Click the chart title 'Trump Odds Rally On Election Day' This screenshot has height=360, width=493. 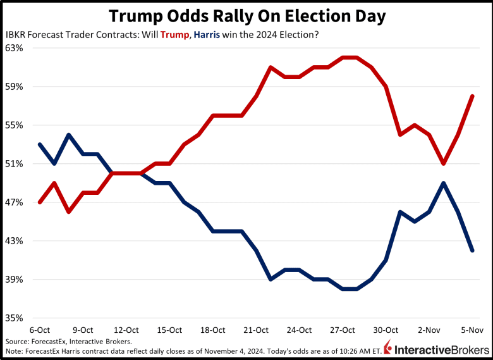246,15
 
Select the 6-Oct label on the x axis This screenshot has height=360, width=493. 40,330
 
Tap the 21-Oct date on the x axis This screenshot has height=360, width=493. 256,330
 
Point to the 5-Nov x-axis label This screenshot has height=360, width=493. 472,330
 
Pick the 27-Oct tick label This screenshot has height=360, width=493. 343,330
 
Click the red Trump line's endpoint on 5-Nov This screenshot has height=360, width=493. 472,96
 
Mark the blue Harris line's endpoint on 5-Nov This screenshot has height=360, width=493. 472,251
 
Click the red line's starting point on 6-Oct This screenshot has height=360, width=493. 40,202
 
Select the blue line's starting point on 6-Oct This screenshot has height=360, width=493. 40,144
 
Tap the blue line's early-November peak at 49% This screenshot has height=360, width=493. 444,183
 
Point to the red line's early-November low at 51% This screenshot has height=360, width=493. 444,163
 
